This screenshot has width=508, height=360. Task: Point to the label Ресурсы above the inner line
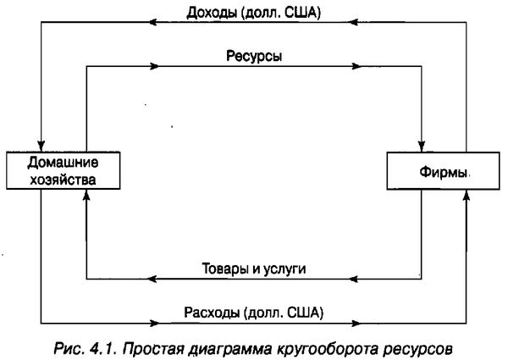(x=254, y=55)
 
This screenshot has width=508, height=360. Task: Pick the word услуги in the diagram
(x=284, y=268)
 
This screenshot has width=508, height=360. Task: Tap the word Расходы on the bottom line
(x=210, y=312)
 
